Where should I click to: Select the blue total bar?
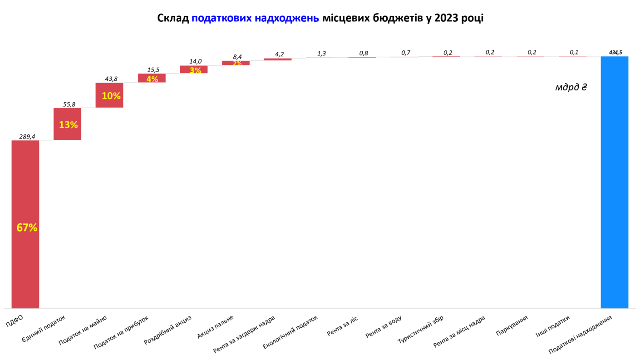(614, 182)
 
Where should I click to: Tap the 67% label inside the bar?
(27, 228)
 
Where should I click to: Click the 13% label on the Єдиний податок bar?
(68, 124)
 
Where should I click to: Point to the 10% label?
(111, 96)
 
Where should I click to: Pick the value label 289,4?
(27, 136)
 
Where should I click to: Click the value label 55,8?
(69, 104)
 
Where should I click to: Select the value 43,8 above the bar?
(111, 79)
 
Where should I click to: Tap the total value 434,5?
(615, 53)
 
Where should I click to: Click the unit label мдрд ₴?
(571, 87)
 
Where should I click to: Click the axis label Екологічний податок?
(290, 334)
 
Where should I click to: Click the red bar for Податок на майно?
(109, 95)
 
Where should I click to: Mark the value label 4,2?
(279, 54)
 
